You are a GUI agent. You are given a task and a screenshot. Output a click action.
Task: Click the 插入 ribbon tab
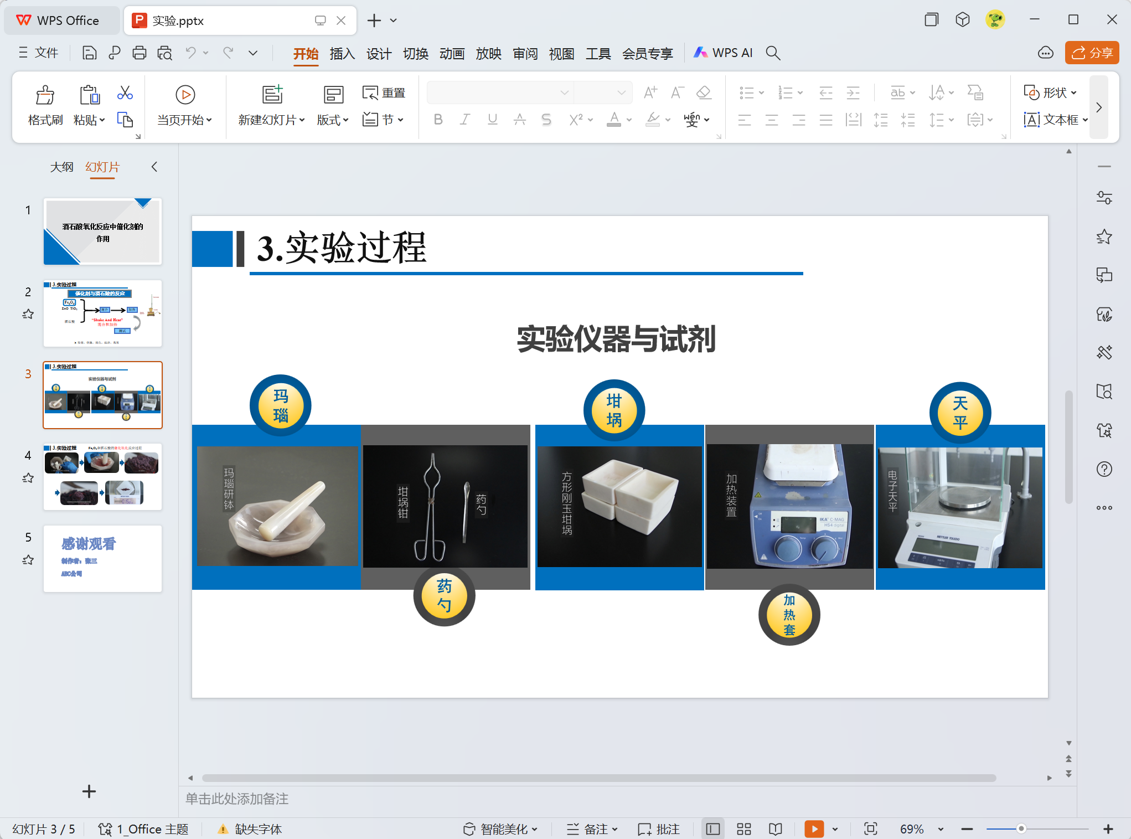(342, 53)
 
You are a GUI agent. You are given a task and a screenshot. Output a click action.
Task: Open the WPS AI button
(724, 53)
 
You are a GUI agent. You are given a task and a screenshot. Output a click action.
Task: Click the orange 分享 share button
(1092, 53)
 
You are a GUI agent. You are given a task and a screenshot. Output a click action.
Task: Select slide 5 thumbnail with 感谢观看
(102, 558)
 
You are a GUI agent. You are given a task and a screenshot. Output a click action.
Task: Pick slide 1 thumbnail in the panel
(102, 231)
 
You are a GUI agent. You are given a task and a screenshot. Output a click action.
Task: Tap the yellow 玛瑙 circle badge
(281, 405)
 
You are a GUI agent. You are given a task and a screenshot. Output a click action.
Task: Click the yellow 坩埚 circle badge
(614, 410)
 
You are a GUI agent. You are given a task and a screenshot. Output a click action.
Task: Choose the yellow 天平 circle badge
(960, 413)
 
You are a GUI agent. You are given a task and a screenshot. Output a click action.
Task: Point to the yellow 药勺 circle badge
(444, 595)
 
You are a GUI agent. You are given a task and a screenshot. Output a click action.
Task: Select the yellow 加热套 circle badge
(789, 615)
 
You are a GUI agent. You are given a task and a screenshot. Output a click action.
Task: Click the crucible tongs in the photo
(431, 507)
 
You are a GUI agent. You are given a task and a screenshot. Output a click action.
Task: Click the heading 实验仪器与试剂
(616, 339)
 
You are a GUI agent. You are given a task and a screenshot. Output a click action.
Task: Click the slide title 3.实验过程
(342, 248)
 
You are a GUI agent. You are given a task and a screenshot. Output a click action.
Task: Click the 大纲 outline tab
(61, 167)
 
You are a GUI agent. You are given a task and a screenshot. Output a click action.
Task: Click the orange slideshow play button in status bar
(814, 829)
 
